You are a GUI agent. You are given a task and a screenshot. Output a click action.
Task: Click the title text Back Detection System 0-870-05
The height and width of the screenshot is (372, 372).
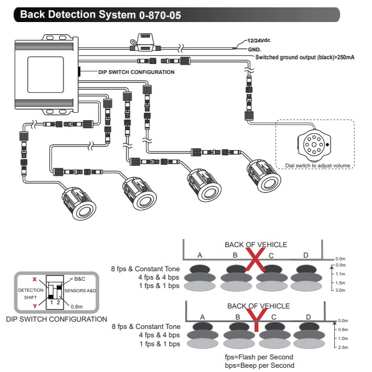(100, 15)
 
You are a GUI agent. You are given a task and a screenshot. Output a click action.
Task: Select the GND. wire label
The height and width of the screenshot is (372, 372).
(255, 49)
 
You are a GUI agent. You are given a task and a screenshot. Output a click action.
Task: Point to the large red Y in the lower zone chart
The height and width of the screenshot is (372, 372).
(256, 318)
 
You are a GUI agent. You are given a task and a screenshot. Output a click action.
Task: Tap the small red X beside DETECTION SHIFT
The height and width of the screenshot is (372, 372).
(35, 280)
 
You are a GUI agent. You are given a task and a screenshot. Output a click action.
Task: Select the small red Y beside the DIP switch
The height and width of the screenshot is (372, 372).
(35, 306)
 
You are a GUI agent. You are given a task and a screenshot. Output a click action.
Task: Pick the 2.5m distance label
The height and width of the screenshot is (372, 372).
(342, 347)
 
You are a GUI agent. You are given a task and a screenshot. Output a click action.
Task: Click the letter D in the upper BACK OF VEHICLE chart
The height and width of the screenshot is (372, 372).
(306, 255)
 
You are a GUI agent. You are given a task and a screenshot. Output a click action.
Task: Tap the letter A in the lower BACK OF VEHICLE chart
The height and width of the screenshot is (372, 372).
(202, 317)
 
